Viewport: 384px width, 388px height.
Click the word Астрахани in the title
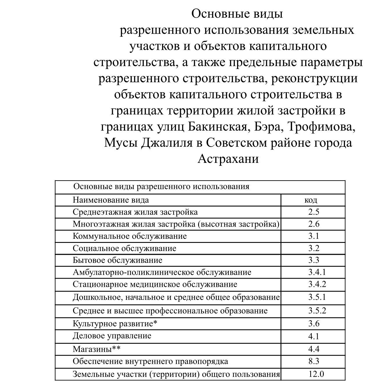[x=228, y=159]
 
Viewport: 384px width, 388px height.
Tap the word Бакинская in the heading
[x=218, y=127]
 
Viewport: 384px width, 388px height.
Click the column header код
[x=311, y=200]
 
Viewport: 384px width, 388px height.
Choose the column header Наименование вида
[x=111, y=200]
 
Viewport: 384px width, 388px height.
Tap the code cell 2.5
[x=314, y=212]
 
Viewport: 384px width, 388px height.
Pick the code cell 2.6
[x=314, y=224]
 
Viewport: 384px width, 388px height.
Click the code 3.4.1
[x=317, y=272]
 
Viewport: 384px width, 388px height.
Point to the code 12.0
[x=316, y=374]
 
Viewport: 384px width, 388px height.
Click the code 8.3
[x=314, y=361]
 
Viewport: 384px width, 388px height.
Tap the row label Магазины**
[x=96, y=349]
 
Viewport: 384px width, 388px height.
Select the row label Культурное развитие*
[x=115, y=323]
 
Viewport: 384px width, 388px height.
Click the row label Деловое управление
[x=112, y=336]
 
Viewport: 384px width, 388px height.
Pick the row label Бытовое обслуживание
[x=118, y=260]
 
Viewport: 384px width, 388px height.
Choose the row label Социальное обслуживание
[x=125, y=248]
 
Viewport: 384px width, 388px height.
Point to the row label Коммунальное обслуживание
[x=130, y=236]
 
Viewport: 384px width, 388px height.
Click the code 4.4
[x=314, y=349]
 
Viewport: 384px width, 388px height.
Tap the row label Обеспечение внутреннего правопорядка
[x=150, y=361]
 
